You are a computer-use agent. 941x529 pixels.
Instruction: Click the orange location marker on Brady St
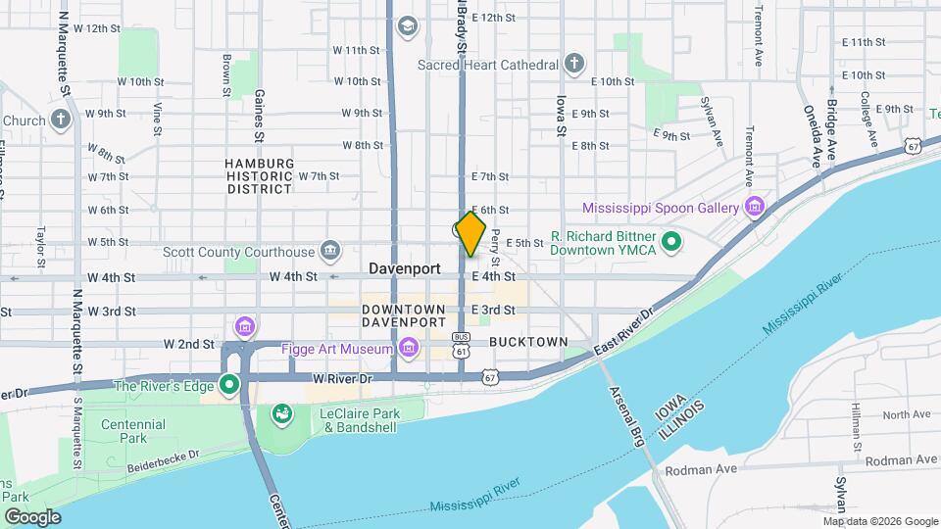(x=470, y=234)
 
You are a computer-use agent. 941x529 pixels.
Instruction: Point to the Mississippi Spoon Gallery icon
(x=754, y=207)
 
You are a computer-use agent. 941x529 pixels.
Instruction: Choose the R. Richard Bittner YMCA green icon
(x=671, y=241)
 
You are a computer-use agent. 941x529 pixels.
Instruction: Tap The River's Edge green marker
(x=230, y=385)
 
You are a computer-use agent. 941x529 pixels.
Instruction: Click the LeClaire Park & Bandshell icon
(x=281, y=415)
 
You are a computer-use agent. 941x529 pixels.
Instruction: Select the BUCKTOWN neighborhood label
(x=528, y=342)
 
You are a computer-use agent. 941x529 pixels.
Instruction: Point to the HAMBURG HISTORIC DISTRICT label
(x=260, y=175)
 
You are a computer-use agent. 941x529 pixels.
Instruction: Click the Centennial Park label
(x=133, y=431)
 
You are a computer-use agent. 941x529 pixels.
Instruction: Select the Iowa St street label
(x=562, y=115)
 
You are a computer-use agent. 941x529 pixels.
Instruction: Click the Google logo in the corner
(x=32, y=516)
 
